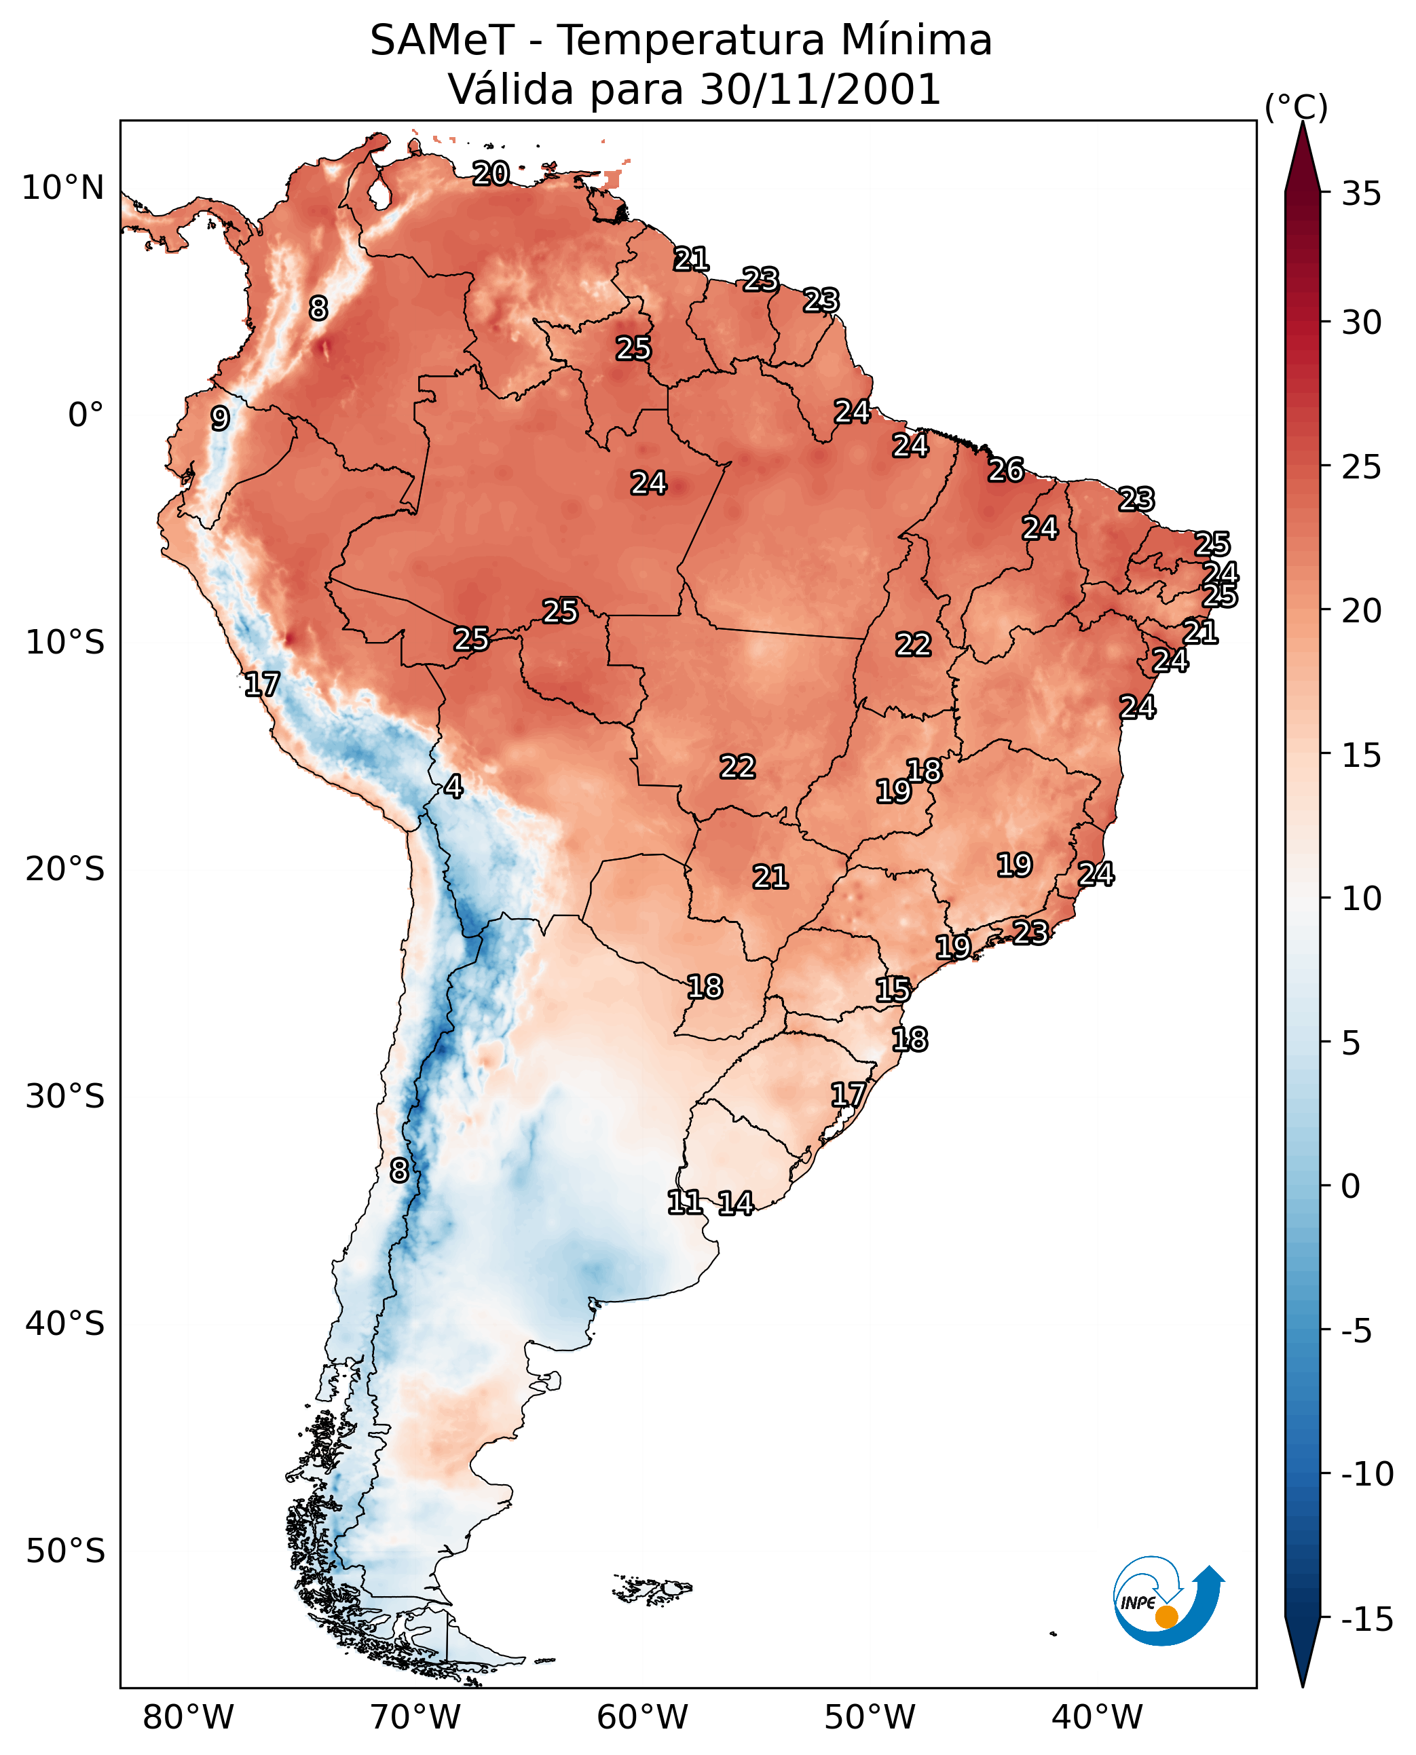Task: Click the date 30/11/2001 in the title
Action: (x=820, y=90)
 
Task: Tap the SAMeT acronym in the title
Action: (x=441, y=41)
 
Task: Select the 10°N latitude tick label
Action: (x=63, y=189)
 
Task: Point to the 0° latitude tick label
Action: (x=86, y=415)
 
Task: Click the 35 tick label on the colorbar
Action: (x=1361, y=194)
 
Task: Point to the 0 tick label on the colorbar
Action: (x=1351, y=1186)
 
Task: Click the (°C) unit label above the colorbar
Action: (x=1296, y=107)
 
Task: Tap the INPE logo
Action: (x=1168, y=1601)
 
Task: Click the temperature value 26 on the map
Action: (x=1006, y=470)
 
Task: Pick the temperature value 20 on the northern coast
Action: (x=491, y=173)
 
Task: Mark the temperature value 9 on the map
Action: (x=220, y=418)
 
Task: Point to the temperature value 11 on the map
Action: (x=684, y=1202)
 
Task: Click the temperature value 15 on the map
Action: (x=893, y=990)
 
